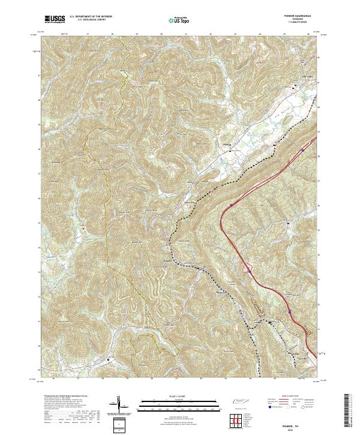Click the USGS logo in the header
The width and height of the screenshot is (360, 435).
click(x=55, y=19)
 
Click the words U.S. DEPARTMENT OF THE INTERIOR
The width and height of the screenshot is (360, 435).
click(x=91, y=17)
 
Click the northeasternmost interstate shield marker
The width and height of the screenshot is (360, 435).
click(x=304, y=152)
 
